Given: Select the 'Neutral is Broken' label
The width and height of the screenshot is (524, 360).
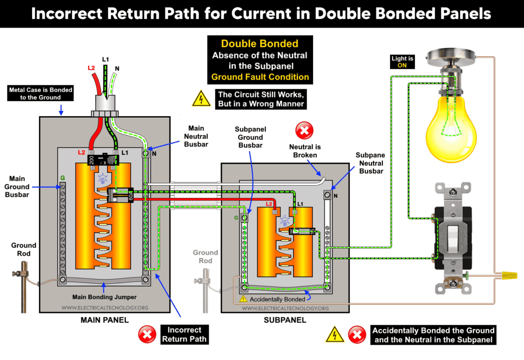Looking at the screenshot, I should [x=304, y=151].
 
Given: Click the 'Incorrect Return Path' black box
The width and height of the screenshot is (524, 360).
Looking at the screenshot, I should [x=184, y=334].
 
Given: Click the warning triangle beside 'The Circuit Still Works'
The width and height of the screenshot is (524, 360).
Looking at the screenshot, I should [x=201, y=99].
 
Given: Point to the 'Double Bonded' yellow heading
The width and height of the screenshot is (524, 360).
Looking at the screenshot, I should [x=259, y=44].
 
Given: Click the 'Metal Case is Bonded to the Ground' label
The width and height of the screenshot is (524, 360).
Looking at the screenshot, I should [x=40, y=94].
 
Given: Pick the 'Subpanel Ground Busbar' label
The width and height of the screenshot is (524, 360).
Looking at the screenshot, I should [x=250, y=137].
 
